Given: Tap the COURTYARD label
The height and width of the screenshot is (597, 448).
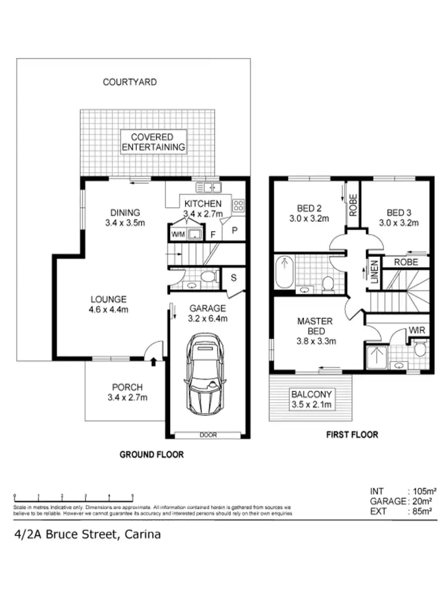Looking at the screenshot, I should pos(130,82).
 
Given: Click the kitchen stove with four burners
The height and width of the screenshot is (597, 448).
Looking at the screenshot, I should pos(238,206).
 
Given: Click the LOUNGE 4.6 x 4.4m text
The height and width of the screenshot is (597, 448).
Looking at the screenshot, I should pos(109,304).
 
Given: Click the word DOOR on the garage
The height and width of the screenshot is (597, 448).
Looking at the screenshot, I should pos(208,434).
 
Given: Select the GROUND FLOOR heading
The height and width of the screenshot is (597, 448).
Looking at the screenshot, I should pos(152,454).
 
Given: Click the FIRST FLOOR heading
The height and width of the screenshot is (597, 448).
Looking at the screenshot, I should pos(351,434).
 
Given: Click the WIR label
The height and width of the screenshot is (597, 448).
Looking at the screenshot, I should pos(417,330).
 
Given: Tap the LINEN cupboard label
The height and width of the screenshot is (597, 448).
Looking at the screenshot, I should pos(374,271).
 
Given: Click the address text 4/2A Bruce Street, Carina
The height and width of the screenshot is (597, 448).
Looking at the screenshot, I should pos(87,534).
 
